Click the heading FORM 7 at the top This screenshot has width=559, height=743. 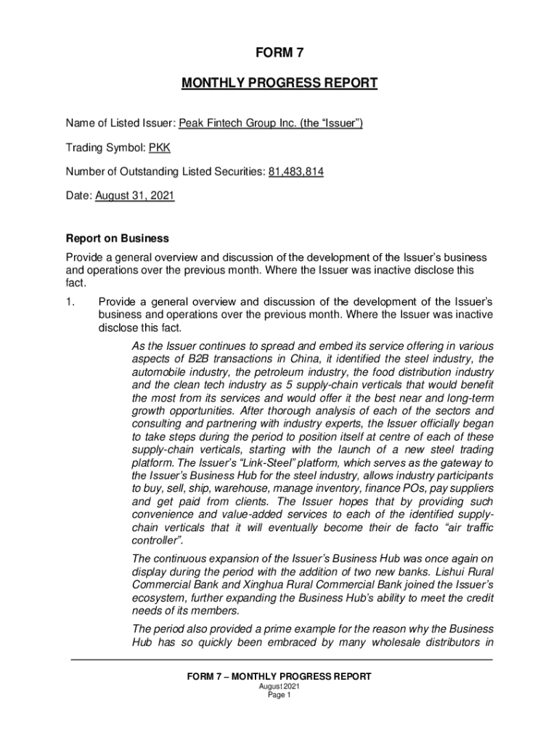(x=279, y=53)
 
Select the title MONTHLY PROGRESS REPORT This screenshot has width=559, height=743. (x=279, y=83)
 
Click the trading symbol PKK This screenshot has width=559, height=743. (x=160, y=148)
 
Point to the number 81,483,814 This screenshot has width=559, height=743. (x=296, y=172)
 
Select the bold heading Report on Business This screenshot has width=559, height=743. (x=118, y=238)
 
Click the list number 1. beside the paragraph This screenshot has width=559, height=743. (x=71, y=300)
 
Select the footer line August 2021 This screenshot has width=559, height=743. (x=279, y=686)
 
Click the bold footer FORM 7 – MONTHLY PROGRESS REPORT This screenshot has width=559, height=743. (x=279, y=676)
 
